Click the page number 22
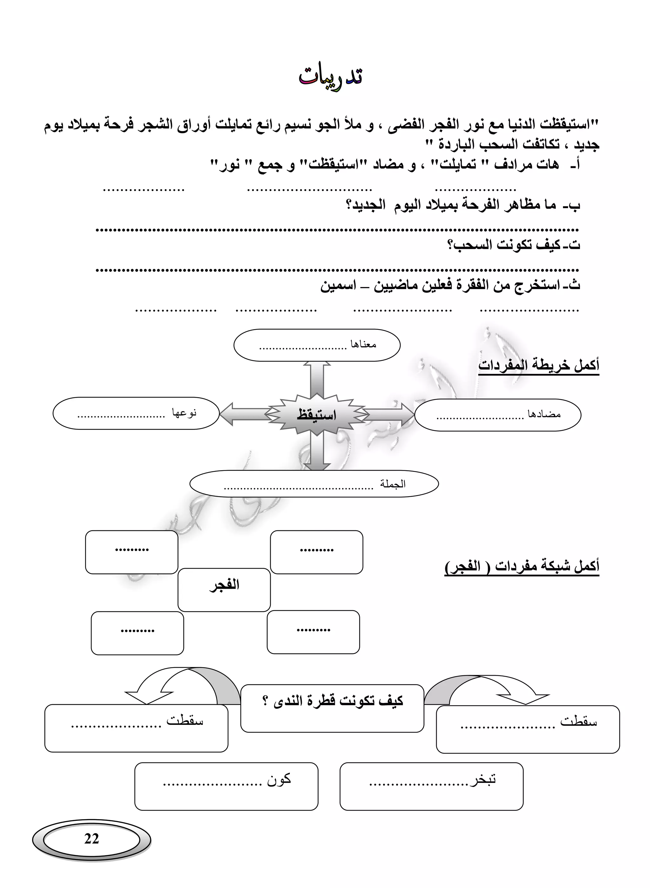[x=91, y=838]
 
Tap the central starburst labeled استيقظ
[x=317, y=415]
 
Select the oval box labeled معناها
[x=317, y=345]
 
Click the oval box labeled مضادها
[x=497, y=415]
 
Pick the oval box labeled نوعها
[x=136, y=413]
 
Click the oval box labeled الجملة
[x=314, y=484]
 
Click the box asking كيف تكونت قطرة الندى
[x=332, y=702]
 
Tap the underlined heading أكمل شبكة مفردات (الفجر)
[x=522, y=567]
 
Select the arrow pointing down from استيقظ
[x=317, y=453]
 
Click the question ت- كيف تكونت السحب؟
[x=514, y=245]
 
